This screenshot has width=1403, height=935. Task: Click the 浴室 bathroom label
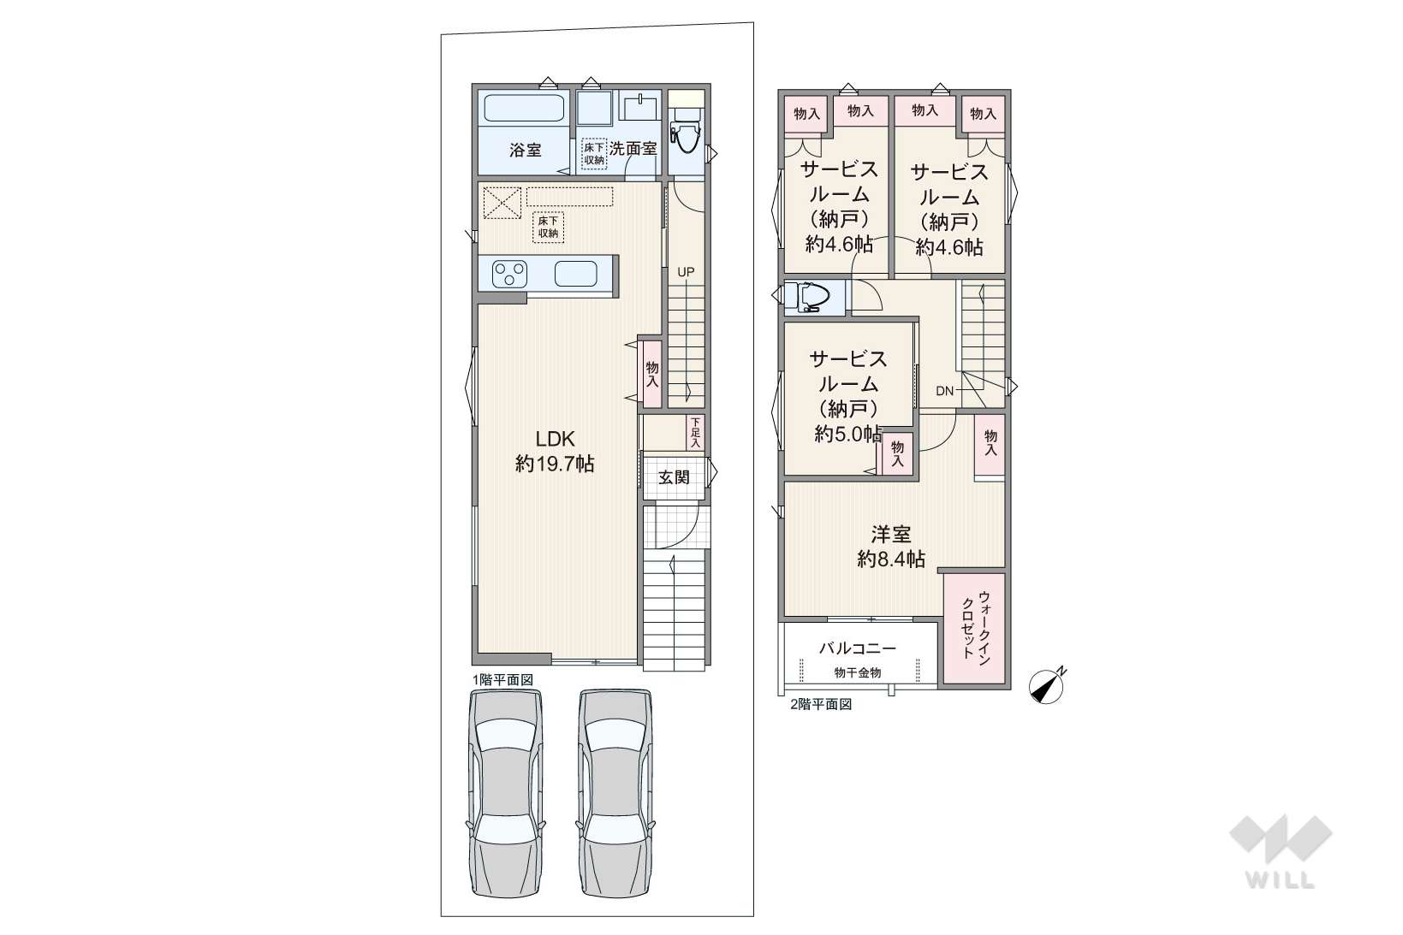(x=525, y=151)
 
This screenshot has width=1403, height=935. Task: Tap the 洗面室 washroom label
(x=633, y=148)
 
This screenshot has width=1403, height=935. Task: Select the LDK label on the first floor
(x=555, y=438)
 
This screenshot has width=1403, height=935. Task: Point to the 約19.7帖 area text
(x=555, y=464)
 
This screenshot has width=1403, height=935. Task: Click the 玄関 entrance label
(x=674, y=477)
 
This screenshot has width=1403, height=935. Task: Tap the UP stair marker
(x=686, y=272)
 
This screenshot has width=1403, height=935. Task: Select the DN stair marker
(x=944, y=391)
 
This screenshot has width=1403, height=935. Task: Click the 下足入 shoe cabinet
(x=695, y=433)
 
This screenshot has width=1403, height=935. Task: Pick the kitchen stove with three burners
(x=509, y=274)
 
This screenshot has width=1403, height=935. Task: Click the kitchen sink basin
(x=575, y=274)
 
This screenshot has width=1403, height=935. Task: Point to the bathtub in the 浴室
(x=524, y=108)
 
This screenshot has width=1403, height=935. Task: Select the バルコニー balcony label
(x=858, y=648)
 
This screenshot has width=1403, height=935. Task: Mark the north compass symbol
(x=1047, y=687)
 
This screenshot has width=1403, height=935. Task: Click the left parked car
(x=505, y=794)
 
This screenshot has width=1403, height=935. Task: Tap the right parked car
(x=615, y=794)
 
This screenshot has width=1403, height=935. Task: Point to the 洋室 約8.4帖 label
(x=890, y=546)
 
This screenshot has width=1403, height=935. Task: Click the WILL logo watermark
(x=1281, y=850)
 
